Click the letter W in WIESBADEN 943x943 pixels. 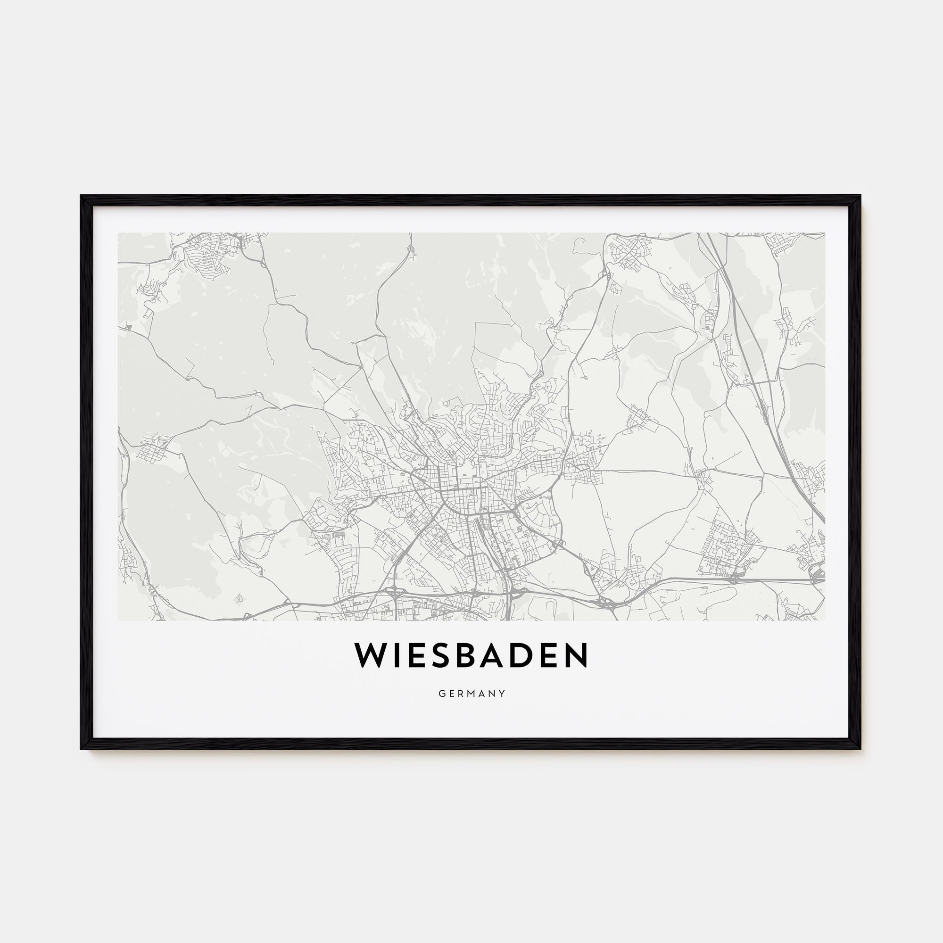point(371,655)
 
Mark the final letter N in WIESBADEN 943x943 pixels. point(576,655)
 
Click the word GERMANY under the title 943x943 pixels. point(471,694)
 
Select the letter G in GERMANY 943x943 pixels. point(441,694)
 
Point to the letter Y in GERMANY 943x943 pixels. point(502,694)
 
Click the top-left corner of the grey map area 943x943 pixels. point(118,233)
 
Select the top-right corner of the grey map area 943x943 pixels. point(825,233)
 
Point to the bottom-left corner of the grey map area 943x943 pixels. point(118,620)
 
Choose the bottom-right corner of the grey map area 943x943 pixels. point(825,620)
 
